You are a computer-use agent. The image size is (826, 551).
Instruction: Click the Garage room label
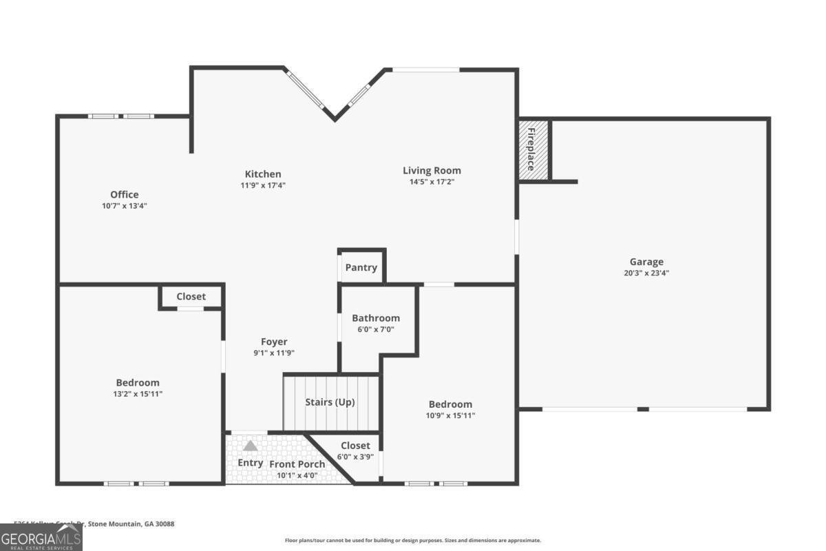point(646,262)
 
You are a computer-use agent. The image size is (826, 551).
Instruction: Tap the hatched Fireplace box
point(533,150)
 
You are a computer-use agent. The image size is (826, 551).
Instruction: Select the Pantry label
point(361,267)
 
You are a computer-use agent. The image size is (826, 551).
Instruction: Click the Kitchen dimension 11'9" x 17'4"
point(263,185)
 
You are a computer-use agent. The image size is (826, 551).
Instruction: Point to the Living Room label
point(432,171)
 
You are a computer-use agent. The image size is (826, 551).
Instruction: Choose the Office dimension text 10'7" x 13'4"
point(125,205)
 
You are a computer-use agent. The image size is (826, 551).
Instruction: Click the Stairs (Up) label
point(330,402)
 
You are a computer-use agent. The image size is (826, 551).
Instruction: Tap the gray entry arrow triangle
point(250,446)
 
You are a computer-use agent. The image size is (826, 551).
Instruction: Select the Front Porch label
point(297,464)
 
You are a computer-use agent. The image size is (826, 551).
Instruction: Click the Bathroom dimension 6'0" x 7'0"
point(376,329)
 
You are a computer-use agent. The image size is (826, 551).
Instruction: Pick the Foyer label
point(274,342)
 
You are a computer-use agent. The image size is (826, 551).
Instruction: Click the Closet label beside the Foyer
point(191,296)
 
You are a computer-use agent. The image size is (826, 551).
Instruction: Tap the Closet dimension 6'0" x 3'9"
point(355,457)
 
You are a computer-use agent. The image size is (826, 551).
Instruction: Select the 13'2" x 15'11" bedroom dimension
point(138,394)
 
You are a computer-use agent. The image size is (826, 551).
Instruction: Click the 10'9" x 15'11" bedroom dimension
point(451,415)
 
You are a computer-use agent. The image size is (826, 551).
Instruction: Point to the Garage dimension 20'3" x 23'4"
point(646,273)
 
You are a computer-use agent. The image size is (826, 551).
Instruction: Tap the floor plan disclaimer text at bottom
point(413,541)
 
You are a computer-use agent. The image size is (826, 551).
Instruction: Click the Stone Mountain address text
point(94,524)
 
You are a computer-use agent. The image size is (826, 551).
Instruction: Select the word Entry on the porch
point(250,463)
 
